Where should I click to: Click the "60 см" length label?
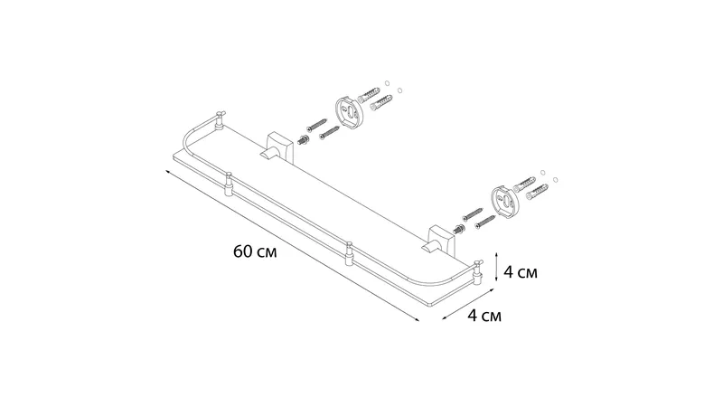[255, 252]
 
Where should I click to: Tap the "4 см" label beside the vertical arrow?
[521, 272]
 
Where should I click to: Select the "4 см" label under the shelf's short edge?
[484, 316]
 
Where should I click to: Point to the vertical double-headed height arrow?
[496, 267]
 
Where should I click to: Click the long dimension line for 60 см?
[292, 245]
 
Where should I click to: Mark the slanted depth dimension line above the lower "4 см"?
[468, 305]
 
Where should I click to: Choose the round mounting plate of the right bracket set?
[505, 202]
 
